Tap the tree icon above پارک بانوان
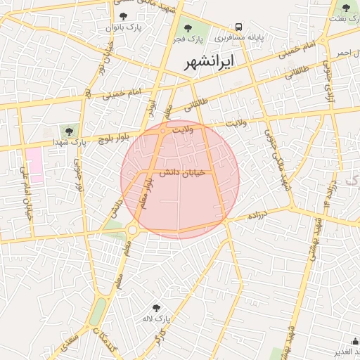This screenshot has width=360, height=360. pos(124,16)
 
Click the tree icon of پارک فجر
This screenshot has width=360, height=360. pos(188,27)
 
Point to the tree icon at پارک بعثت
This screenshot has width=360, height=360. pos(345,8)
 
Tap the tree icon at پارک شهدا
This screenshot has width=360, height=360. pos(69,130)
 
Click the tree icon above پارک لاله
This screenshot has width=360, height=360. pos(156,308)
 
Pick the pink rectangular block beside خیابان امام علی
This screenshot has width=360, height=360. pos(34,166)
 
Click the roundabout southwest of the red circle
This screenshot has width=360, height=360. pos(132,229)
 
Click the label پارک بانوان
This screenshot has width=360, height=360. pos(124,27)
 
